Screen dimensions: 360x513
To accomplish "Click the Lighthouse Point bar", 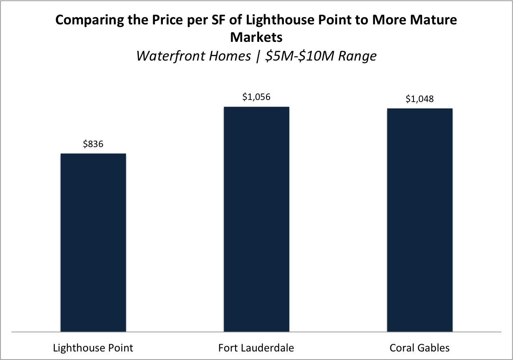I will (93, 243).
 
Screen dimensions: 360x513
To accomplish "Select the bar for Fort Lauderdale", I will (256, 219).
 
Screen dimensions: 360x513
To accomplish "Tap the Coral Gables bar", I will (420, 220).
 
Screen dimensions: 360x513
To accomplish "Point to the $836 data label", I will (93, 144).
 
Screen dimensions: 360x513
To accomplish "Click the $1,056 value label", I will (256, 97).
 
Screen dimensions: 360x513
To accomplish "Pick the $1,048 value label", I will (420, 99).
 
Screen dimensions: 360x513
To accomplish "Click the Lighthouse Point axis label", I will (93, 348).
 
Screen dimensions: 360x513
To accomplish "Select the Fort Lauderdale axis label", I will (256, 348).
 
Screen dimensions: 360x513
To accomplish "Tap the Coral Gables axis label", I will (419, 348).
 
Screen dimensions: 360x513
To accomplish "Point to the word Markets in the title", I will (256, 37).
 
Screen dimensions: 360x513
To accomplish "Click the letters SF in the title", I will (217, 20).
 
